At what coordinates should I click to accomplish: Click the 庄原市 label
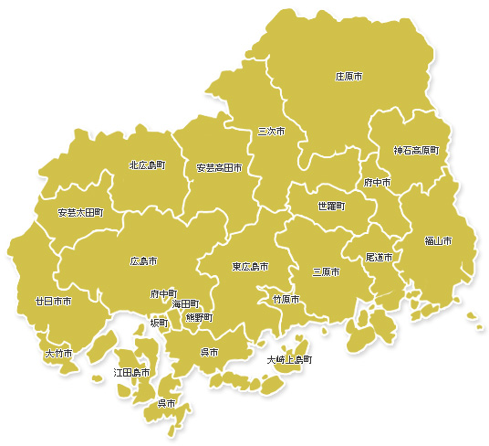349,77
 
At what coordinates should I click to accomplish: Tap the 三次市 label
271,132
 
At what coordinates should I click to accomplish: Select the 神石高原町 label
416,149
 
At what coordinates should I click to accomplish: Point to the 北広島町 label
147,165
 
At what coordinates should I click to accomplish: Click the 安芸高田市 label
219,168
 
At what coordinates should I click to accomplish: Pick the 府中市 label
377,183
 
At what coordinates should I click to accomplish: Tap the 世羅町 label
331,207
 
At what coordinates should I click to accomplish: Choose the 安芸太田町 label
80,212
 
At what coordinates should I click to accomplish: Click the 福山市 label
439,241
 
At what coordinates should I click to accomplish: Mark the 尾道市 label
379,259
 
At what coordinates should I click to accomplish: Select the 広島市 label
143,261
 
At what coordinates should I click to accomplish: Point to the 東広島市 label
250,267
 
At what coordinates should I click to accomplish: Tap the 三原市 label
326,272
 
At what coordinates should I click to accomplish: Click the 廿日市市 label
53,301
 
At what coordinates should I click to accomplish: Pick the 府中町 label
164,294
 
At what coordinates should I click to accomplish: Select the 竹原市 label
286,300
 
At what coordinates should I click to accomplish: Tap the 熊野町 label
199,317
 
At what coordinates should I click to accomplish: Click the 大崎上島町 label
289,360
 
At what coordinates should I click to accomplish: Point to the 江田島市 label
131,373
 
